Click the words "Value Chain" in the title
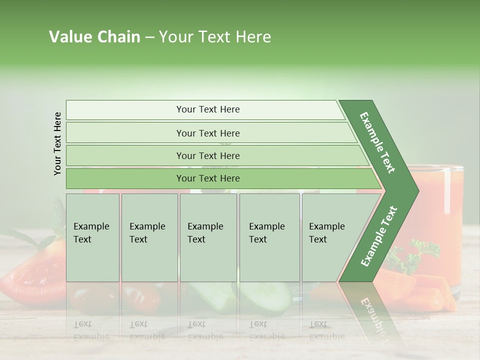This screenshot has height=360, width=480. pyautogui.click(x=94, y=37)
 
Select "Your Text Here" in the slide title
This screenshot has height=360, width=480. pyautogui.click(x=215, y=37)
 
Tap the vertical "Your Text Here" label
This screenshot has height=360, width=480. pyautogui.click(x=57, y=143)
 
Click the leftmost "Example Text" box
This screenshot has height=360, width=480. pyautogui.click(x=92, y=237)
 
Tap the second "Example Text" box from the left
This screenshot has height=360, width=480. pyautogui.click(x=149, y=237)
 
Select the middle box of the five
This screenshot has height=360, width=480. pyautogui.click(x=208, y=237)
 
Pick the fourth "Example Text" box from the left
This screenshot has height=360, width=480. pyautogui.click(x=269, y=237)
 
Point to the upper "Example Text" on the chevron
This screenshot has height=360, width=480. pyautogui.click(x=377, y=142)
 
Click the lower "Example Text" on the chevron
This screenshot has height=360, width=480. pyautogui.click(x=378, y=236)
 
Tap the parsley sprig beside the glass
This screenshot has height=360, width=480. pyautogui.click(x=417, y=255)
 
